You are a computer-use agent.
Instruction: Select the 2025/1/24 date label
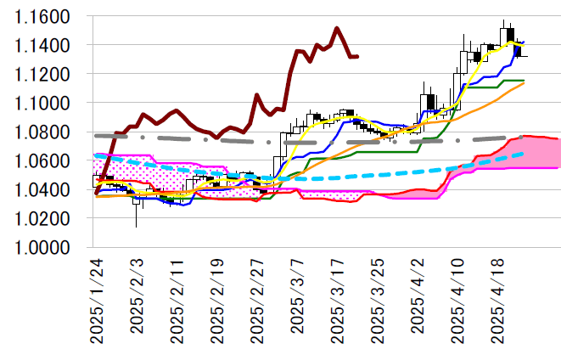pos(96,301)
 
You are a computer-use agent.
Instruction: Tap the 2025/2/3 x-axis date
pos(137,299)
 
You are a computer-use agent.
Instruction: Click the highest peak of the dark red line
pos(337,28)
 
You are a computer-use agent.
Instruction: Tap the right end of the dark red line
pos(357,57)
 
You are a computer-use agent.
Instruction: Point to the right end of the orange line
pos(524,83)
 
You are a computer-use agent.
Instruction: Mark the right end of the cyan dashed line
pos(524,153)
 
